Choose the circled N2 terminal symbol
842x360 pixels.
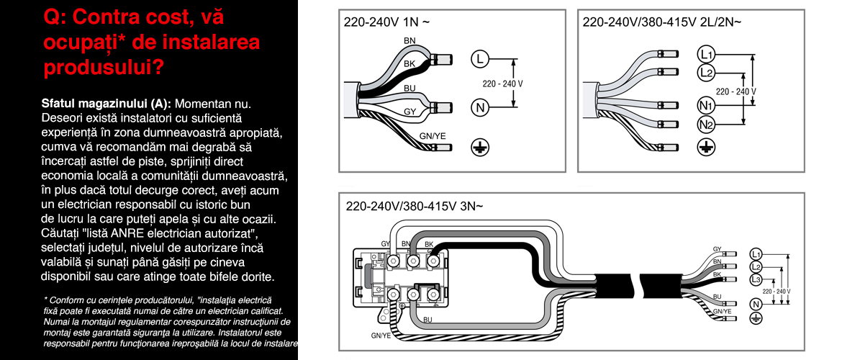(706, 124)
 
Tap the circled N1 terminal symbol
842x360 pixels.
(706, 105)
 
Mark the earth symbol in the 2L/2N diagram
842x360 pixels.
(706, 148)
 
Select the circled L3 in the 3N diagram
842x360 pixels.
(756, 279)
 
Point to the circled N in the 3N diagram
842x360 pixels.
(756, 304)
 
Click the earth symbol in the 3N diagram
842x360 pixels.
(756, 318)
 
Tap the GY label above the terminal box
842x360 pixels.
(386, 244)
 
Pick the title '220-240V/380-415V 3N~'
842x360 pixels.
(414, 205)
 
